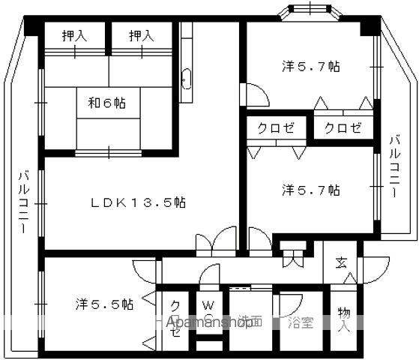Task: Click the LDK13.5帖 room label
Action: pyautogui.click(x=139, y=202)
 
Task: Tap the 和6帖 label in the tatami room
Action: pyautogui.click(x=106, y=103)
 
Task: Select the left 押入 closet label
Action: pyautogui.click(x=73, y=35)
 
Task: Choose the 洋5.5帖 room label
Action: pyautogui.click(x=104, y=304)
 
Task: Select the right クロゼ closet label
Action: pyautogui.click(x=343, y=127)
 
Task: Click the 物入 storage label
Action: pyautogui.click(x=343, y=319)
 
